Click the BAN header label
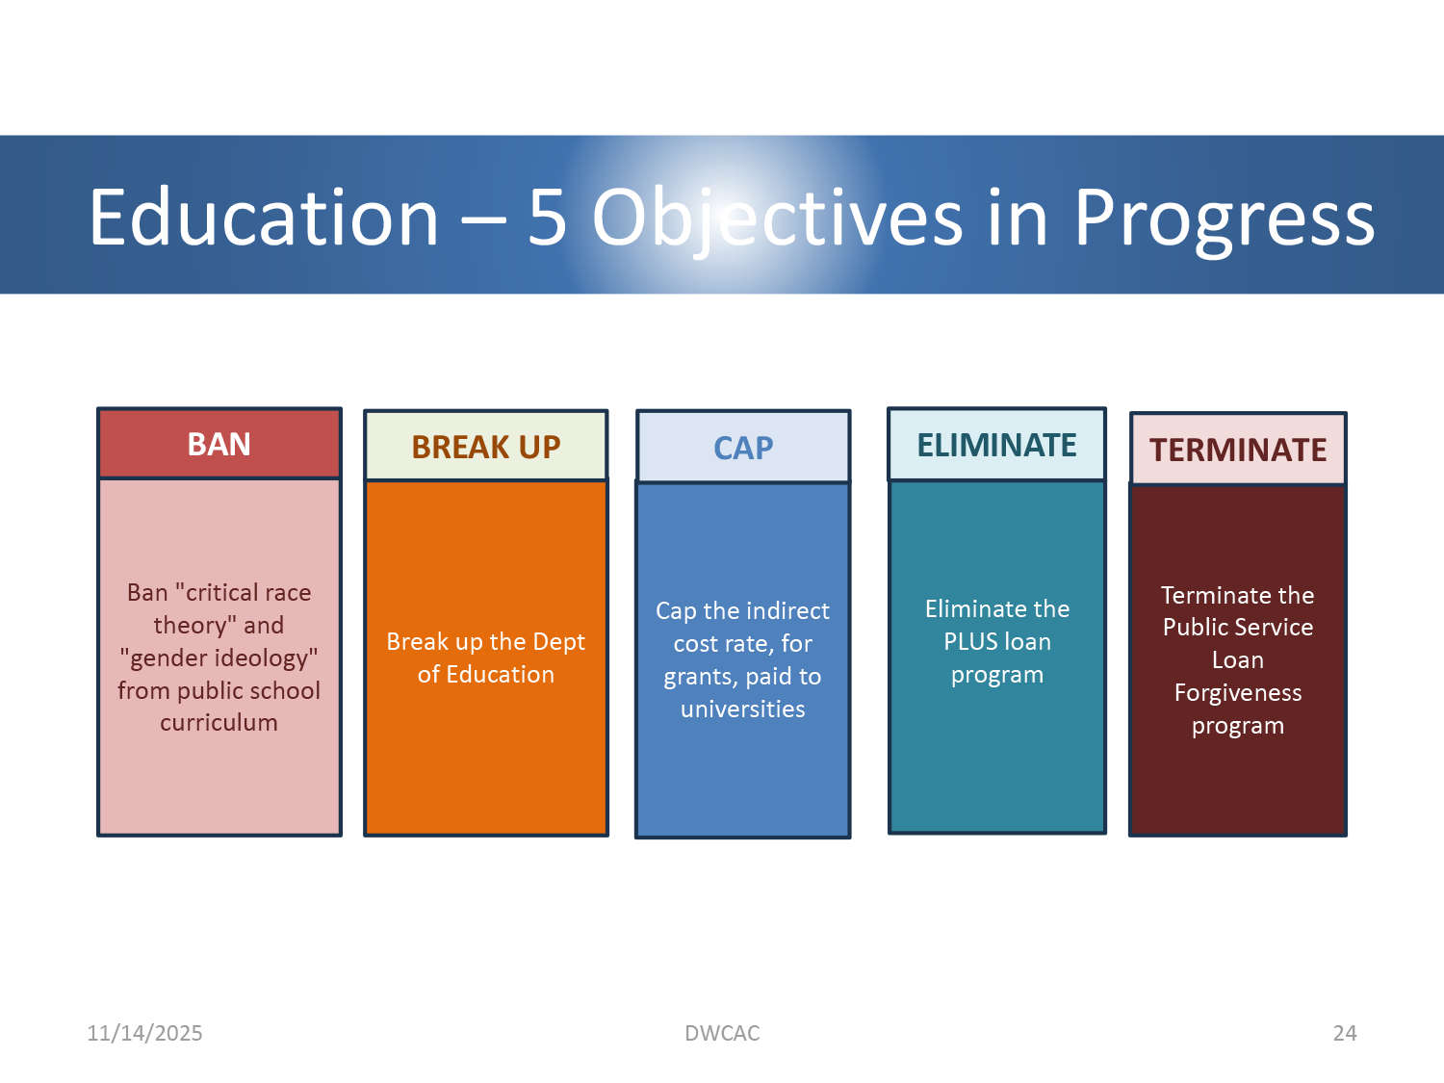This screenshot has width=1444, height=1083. point(219,445)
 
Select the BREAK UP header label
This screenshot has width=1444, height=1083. point(486,447)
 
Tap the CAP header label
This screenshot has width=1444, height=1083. point(743,449)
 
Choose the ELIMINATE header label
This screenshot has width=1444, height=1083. point(996,445)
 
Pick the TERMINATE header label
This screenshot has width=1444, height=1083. point(1237,451)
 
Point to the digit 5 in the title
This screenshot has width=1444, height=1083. point(548,218)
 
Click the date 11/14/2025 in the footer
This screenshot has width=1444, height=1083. point(144,1033)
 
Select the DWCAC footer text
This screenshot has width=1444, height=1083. point(722,1033)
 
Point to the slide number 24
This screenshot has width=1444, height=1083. point(1345,1033)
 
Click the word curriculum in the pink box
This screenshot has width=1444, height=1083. point(219,723)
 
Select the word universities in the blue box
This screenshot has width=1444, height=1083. point(743,709)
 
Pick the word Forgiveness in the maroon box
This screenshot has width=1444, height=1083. point(1237,692)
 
